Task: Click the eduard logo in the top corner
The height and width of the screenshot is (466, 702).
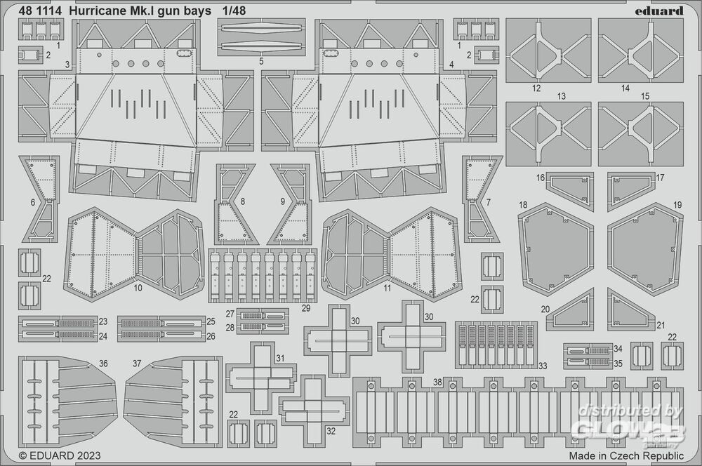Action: [x=659, y=11]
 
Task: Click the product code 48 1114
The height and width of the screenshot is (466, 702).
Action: [x=41, y=11]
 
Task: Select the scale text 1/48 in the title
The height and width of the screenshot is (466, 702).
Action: [x=234, y=11]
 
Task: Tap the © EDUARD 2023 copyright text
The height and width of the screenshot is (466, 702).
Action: [x=60, y=455]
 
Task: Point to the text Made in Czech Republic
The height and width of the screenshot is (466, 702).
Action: [x=626, y=455]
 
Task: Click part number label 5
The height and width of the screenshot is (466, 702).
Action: [x=261, y=61]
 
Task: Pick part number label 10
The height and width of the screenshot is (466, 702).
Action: [x=138, y=288]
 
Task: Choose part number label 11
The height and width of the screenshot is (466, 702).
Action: [x=388, y=288]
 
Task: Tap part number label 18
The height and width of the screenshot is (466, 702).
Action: [x=523, y=205]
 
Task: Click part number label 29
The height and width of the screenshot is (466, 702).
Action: [x=306, y=308]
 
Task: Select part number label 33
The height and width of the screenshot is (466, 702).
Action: [x=543, y=366]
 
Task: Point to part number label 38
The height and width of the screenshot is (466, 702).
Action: [x=437, y=382]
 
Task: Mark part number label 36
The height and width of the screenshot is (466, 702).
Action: [x=103, y=364]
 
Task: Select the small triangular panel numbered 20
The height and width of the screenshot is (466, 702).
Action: [x=569, y=309]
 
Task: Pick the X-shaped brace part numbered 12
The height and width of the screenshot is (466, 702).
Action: [x=548, y=51]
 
